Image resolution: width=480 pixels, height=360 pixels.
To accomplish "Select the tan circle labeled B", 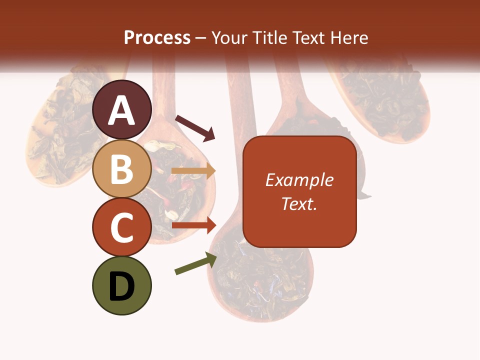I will pyautogui.click(x=122, y=168).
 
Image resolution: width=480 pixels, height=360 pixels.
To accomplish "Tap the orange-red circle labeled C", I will pyautogui.click(x=122, y=227).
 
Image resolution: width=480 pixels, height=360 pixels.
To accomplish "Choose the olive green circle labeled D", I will pyautogui.click(x=122, y=285).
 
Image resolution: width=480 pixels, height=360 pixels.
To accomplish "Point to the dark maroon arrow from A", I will pyautogui.click(x=195, y=127).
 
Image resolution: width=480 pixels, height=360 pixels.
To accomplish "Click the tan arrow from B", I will pyautogui.click(x=193, y=171).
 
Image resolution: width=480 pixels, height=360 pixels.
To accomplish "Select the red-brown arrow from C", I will pyautogui.click(x=193, y=225).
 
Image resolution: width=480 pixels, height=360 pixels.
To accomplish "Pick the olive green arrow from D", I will pyautogui.click(x=195, y=264).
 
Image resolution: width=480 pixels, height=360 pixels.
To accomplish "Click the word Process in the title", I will pyautogui.click(x=157, y=37).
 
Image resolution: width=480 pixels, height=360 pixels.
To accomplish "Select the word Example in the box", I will pyautogui.click(x=299, y=180).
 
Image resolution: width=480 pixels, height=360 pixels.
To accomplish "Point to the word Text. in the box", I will pyautogui.click(x=299, y=203).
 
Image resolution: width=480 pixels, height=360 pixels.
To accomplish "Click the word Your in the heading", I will pyautogui.click(x=229, y=37).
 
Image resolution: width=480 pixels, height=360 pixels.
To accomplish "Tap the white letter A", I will pyautogui.click(x=122, y=111).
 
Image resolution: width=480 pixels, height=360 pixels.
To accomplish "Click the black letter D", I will pyautogui.click(x=122, y=286).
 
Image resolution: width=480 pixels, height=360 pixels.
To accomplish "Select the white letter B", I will pyautogui.click(x=122, y=169).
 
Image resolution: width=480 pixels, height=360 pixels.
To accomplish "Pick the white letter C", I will pyautogui.click(x=122, y=228).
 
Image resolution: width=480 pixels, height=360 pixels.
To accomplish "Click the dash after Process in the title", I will pyautogui.click(x=201, y=38).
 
